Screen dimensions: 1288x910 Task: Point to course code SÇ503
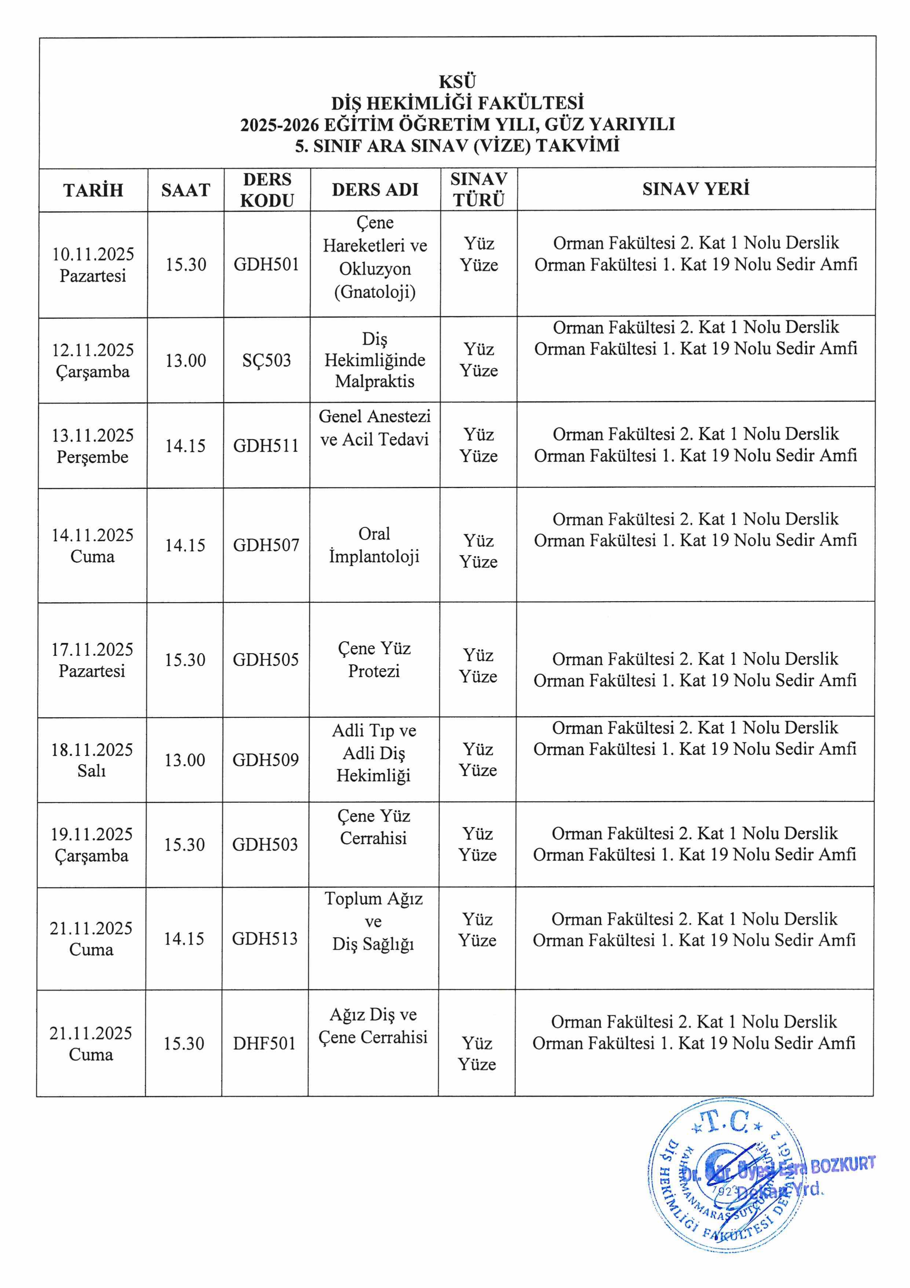point(267,360)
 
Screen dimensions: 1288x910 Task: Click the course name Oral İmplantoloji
point(374,545)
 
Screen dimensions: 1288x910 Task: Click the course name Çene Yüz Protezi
point(374,660)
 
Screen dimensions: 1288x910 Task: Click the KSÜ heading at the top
point(457,82)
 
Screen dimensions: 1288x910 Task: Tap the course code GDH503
point(265,844)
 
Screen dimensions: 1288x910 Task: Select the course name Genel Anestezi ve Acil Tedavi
point(374,428)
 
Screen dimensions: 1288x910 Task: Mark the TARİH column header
point(93,190)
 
